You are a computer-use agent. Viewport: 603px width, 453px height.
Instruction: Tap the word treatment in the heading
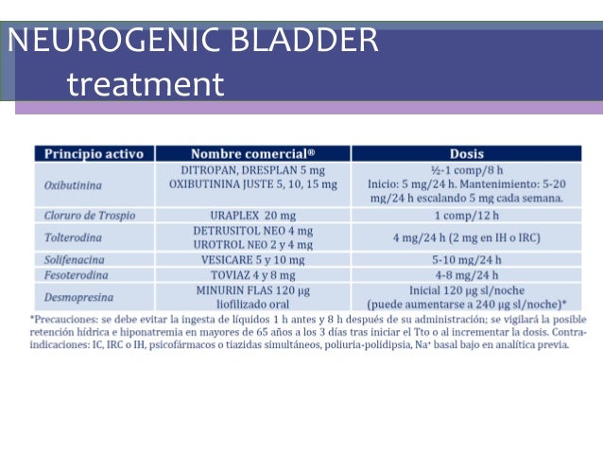[146, 84]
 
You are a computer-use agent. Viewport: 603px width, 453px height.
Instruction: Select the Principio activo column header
[94, 153]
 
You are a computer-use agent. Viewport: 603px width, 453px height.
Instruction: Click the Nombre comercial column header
[253, 153]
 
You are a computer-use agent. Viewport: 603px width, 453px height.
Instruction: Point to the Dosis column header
[467, 153]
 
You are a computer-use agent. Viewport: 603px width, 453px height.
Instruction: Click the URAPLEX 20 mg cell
[252, 216]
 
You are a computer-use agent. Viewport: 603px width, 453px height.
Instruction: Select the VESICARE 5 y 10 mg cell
[252, 259]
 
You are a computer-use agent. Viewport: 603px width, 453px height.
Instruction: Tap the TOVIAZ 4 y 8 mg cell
[252, 275]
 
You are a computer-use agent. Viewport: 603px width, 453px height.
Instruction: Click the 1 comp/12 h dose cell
[467, 216]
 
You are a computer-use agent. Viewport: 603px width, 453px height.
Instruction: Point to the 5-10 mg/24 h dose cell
[467, 259]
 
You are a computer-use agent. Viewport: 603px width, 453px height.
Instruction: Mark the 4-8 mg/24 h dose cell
[467, 275]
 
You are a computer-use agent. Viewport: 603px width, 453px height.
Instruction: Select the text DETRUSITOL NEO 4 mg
[252, 231]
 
